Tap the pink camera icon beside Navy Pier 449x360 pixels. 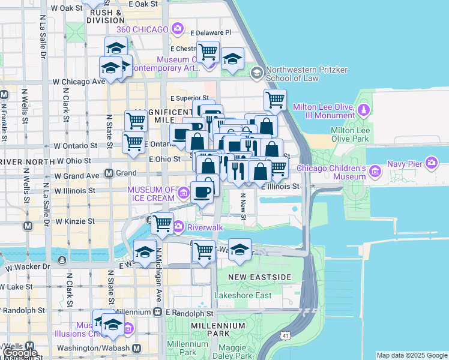(x=432, y=163)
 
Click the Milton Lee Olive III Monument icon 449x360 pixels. (x=363, y=110)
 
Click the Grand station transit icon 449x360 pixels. (x=109, y=173)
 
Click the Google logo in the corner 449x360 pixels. (x=20, y=352)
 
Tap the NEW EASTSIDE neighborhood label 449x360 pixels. (x=261, y=277)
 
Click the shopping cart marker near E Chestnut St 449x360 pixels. (x=208, y=52)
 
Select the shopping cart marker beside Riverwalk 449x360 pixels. (x=162, y=223)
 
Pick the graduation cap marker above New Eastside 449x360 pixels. (x=240, y=250)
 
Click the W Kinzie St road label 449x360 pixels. (x=75, y=221)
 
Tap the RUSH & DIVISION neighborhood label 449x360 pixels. (x=109, y=16)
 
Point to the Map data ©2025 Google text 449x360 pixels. (x=412, y=355)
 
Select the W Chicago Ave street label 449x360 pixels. (x=77, y=82)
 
